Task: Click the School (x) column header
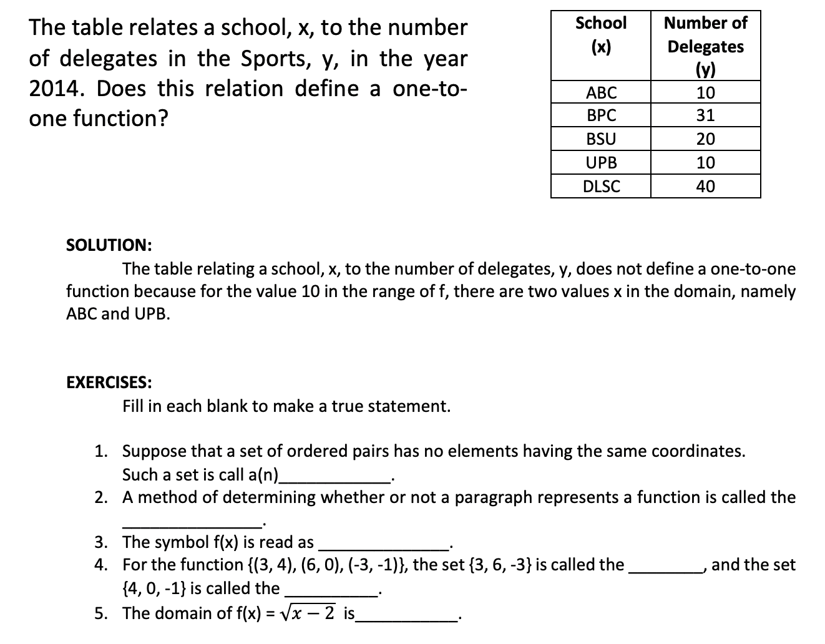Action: pyautogui.click(x=600, y=35)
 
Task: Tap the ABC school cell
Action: pyautogui.click(x=601, y=93)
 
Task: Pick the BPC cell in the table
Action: pyautogui.click(x=601, y=115)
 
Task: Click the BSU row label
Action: pyautogui.click(x=601, y=139)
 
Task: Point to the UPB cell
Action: pyautogui.click(x=601, y=163)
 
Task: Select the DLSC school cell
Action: pyautogui.click(x=601, y=186)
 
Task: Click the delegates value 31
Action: pyautogui.click(x=705, y=115)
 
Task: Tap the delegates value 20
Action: pyautogui.click(x=705, y=139)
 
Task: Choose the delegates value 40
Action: pyautogui.click(x=705, y=186)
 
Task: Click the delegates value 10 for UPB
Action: pyautogui.click(x=705, y=163)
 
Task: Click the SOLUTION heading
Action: pyautogui.click(x=109, y=245)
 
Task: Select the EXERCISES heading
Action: pyautogui.click(x=109, y=382)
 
